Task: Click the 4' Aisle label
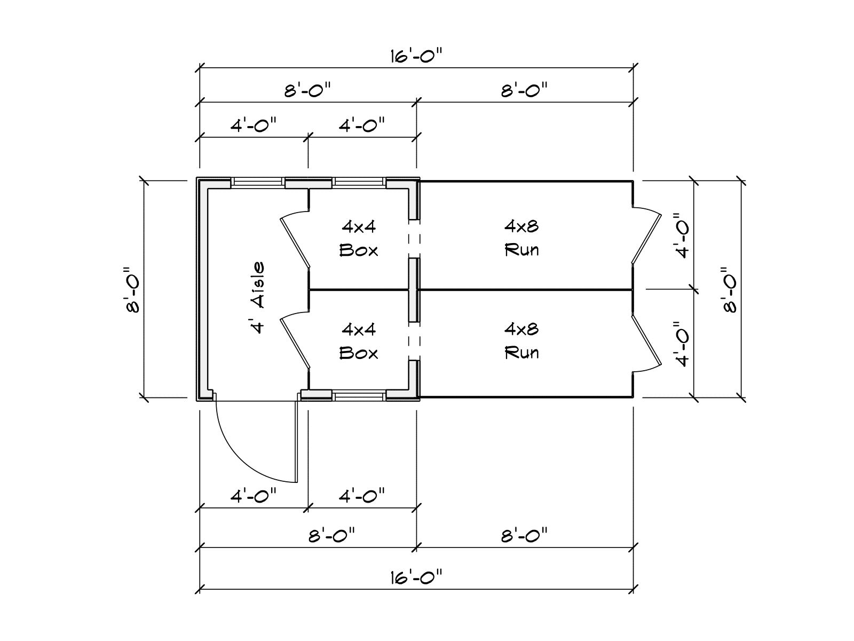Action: [258, 298]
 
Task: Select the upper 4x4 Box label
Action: [359, 238]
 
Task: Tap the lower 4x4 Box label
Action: [359, 341]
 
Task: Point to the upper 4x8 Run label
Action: [521, 238]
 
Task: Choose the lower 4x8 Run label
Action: [521, 341]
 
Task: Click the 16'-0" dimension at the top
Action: [416, 55]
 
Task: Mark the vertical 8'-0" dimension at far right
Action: [730, 290]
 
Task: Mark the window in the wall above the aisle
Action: [258, 183]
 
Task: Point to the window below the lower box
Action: [359, 396]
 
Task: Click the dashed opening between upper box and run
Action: [414, 239]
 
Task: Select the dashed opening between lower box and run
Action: [414, 341]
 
